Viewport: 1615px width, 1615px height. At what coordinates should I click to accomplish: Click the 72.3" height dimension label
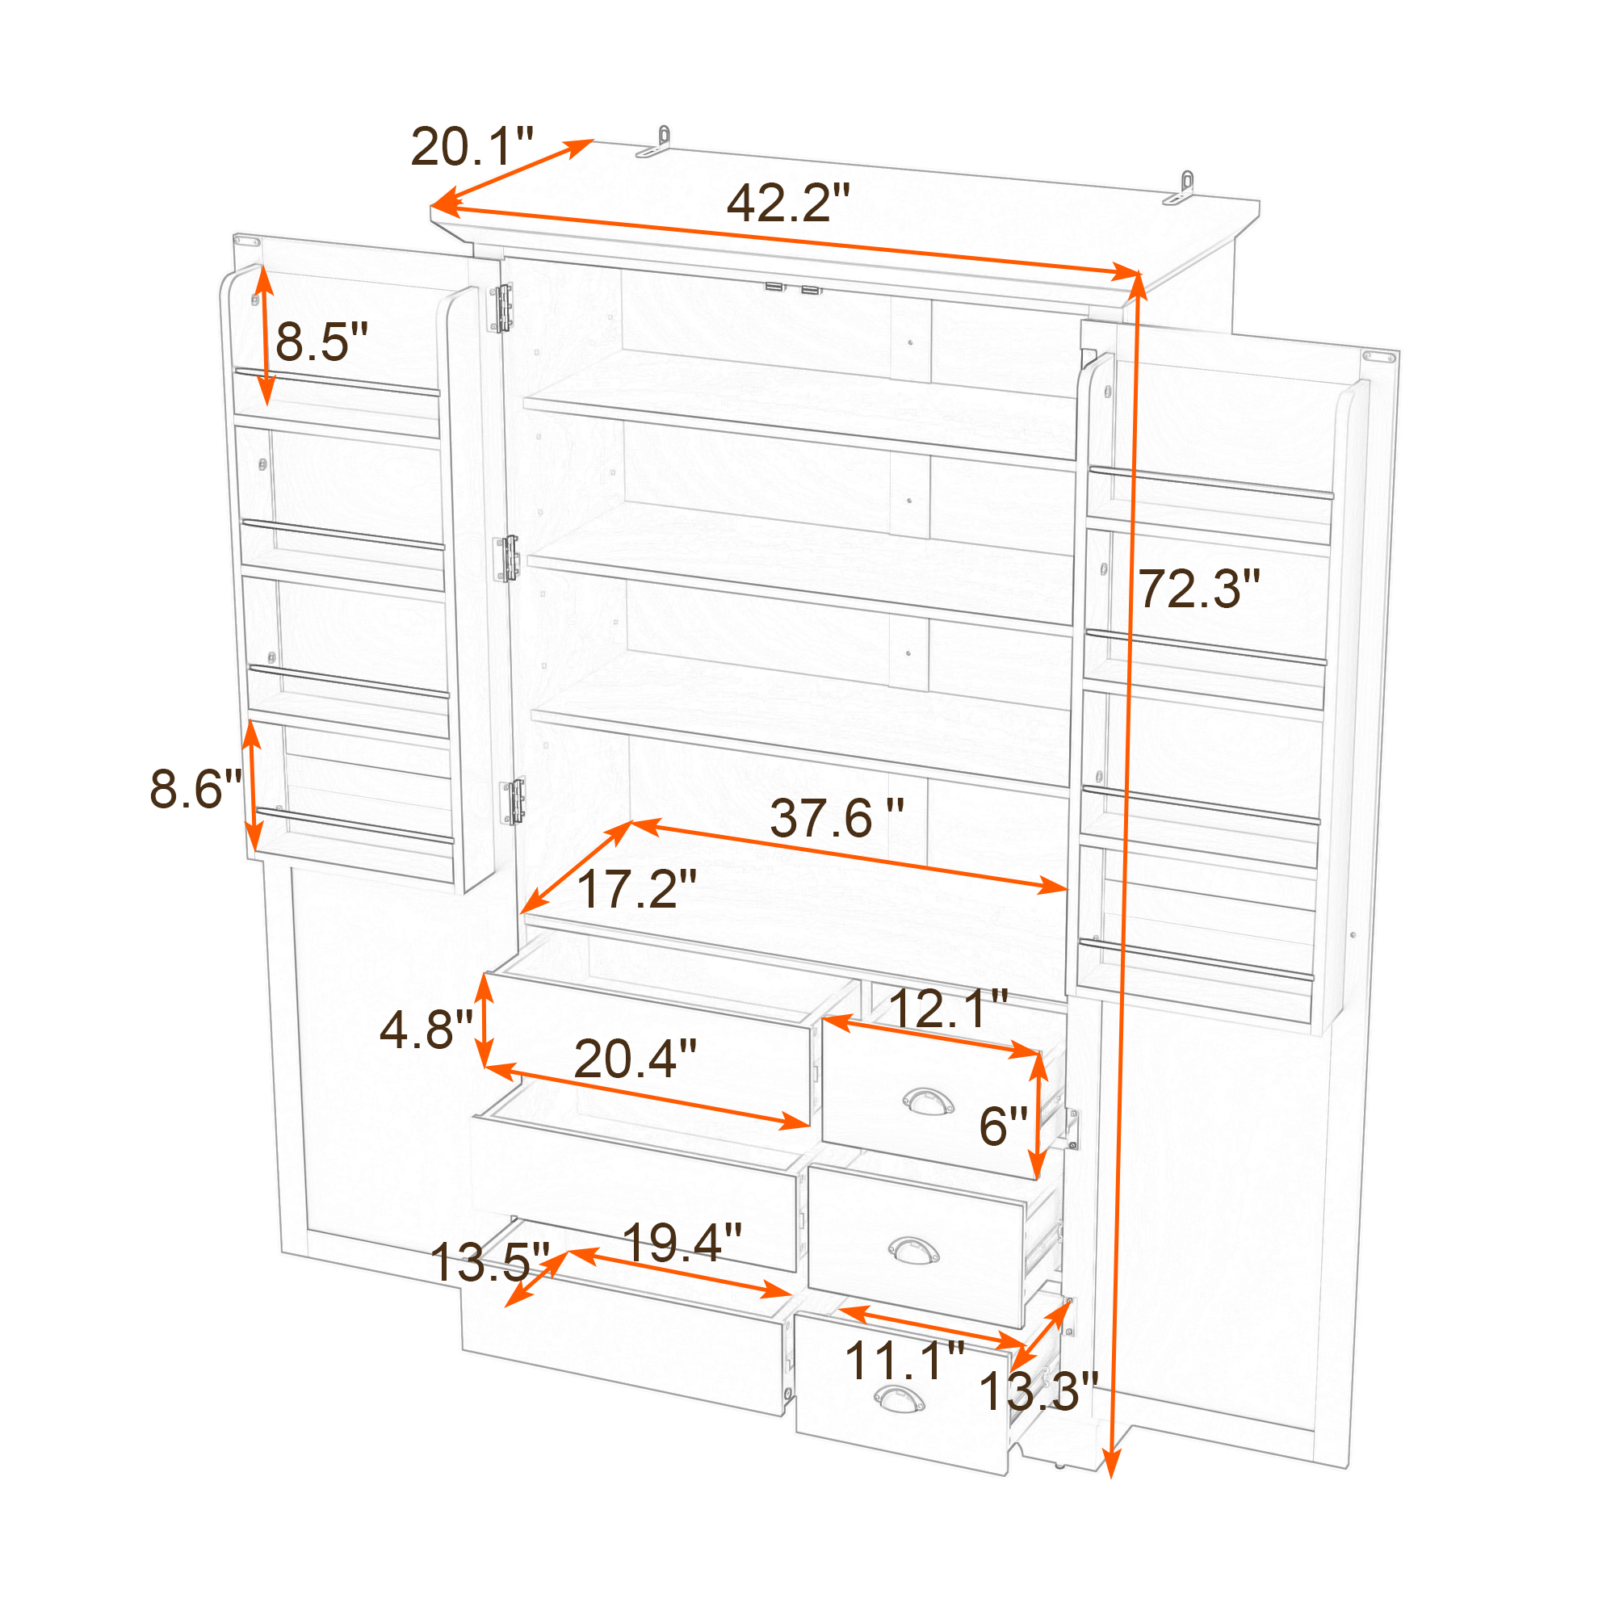point(1198,589)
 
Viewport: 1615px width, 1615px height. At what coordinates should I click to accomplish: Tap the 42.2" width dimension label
point(787,203)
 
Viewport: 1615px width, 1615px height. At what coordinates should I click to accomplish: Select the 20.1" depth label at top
point(472,146)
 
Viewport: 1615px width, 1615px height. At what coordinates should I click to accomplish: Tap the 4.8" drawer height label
point(426,1029)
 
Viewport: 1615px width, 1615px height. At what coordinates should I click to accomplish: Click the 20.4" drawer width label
point(636,1059)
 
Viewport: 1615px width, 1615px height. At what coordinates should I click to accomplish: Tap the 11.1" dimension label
point(905,1360)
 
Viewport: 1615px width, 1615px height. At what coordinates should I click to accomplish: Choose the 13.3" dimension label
point(1038,1391)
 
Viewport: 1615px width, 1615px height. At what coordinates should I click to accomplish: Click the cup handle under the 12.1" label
point(928,1101)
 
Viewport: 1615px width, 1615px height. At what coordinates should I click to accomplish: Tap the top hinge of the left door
point(502,308)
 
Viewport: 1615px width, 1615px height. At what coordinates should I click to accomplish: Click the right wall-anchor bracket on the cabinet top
point(1179,187)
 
